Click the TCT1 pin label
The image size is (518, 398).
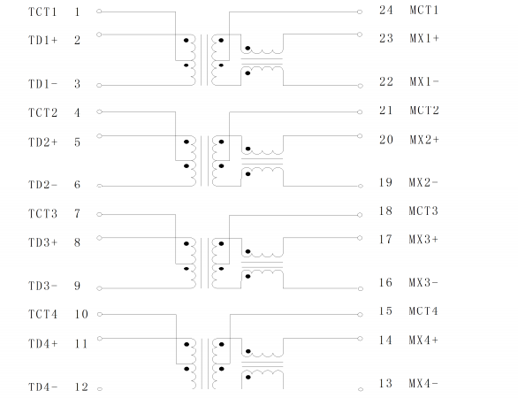tap(42, 11)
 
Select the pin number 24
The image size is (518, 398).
tap(386, 11)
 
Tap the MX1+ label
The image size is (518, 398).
tap(424, 38)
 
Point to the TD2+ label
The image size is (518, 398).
tap(43, 142)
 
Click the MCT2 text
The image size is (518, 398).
tap(424, 110)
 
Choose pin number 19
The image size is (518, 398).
tap(385, 182)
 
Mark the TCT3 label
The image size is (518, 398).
tap(42, 213)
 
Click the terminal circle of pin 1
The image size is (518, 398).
tap(99, 11)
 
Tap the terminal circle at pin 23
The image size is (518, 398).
tap(360, 34)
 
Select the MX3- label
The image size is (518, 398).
tap(423, 283)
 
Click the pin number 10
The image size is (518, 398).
tap(81, 314)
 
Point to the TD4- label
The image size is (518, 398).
tap(43, 387)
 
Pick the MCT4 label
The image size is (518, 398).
tap(423, 311)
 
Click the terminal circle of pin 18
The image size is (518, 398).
tap(360, 215)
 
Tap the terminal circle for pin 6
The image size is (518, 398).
tap(99, 186)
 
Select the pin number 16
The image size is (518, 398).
tap(385, 283)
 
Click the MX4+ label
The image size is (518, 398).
tap(423, 341)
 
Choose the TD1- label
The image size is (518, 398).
tap(43, 84)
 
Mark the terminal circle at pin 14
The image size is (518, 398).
tap(360, 339)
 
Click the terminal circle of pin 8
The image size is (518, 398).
tap(99, 238)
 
